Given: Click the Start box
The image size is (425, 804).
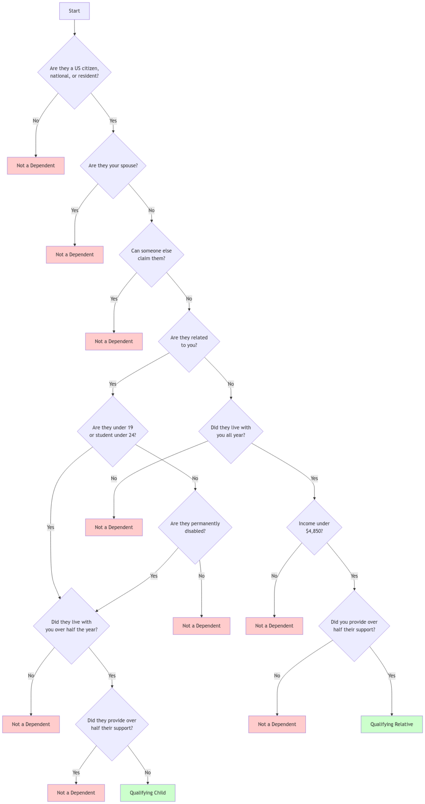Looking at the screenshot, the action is pos(74,11).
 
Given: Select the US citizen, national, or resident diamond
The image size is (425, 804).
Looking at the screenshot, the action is pos(74,72).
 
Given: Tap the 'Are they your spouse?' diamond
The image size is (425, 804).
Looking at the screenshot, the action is pos(113,166).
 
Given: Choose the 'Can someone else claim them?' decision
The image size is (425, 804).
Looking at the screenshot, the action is pos(151,255).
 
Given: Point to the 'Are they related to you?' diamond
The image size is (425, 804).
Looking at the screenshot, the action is pos(189,342).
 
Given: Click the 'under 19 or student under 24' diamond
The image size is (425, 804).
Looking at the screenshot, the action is pos(113,431).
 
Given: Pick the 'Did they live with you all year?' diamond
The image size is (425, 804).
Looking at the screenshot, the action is pos(231,431).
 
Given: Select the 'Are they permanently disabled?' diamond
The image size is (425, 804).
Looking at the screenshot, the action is pos(195,527).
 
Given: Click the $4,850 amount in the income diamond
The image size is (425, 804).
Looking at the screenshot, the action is pos(314,531).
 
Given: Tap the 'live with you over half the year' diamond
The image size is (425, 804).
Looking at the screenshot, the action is pos(71,626).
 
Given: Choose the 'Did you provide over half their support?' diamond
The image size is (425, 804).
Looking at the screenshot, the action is pos(354,626).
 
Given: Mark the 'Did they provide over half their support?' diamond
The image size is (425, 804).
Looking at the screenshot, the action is pos(112,724).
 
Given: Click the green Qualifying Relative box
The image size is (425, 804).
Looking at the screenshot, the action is pos(392,724).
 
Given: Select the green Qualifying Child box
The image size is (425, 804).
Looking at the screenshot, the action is pos(148,793).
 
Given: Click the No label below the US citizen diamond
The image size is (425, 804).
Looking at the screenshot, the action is pos(36,121).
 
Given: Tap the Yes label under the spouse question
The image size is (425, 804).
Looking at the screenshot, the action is pos(74,210).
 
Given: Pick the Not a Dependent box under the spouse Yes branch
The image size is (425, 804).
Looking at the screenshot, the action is pos(74,255).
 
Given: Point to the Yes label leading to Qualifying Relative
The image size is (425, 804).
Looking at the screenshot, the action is pos(392,676).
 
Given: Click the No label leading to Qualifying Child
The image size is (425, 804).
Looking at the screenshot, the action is pos(148,773).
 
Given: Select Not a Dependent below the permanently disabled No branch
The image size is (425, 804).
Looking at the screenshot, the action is pos(202,626).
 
